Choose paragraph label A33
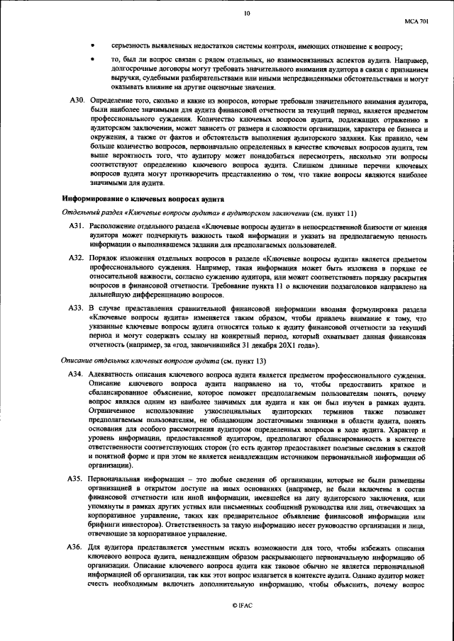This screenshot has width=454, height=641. (77, 310)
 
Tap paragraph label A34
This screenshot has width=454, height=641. (77, 374)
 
